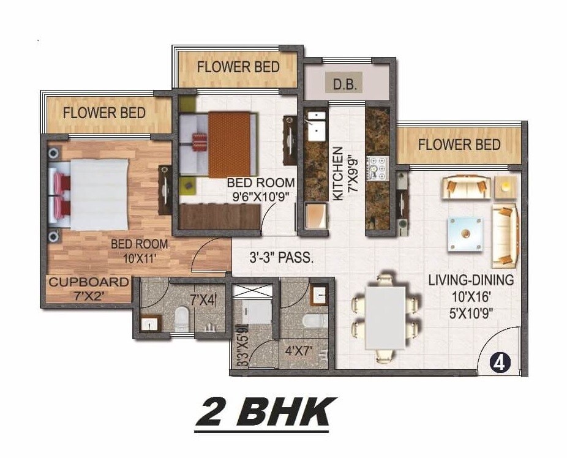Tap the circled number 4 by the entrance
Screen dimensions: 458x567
[x=500, y=362]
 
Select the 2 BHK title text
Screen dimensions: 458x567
[x=265, y=413]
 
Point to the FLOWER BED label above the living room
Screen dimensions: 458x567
[x=459, y=145]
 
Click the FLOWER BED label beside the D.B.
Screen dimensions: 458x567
[x=238, y=66]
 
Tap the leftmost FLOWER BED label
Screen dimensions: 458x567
[x=105, y=113]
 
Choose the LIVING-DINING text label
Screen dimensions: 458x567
[x=471, y=280]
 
